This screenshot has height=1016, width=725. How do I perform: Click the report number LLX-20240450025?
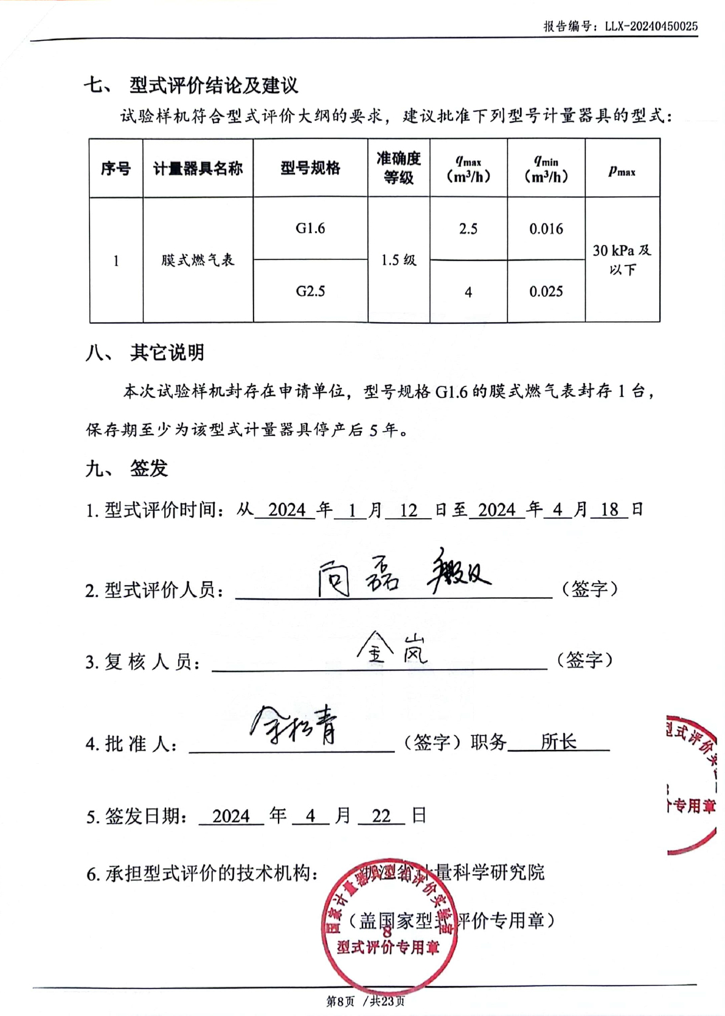651,26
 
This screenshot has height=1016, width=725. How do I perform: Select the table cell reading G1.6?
310,228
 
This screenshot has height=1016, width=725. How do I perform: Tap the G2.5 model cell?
310,291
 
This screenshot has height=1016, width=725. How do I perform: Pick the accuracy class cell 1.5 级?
398,260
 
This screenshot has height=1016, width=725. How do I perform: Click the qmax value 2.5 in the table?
468,229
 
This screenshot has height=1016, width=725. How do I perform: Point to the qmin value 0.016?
546,229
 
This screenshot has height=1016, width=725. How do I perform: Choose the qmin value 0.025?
546,292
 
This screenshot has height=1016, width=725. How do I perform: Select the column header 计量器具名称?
198,169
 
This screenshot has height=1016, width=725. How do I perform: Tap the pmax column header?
622,170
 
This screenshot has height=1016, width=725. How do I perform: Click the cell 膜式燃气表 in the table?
198,260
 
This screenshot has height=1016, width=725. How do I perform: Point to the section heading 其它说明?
167,352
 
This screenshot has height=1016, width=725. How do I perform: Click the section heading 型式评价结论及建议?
213,85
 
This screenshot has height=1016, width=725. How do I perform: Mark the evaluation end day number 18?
609,510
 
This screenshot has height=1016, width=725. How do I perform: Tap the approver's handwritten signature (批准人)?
295,724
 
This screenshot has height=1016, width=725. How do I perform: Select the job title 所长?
558,741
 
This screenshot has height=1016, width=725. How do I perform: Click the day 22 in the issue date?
381,816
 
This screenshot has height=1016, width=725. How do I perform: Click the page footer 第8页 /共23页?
366,1001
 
